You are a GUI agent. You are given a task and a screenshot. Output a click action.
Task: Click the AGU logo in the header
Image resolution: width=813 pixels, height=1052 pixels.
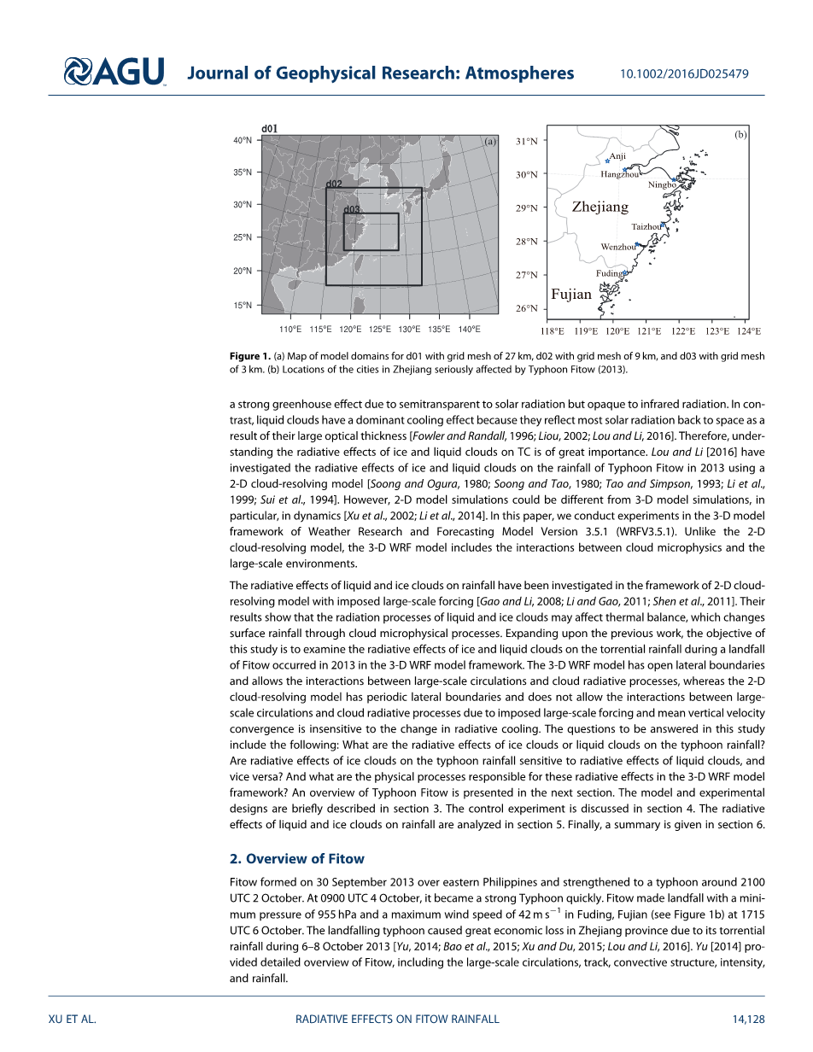(114, 72)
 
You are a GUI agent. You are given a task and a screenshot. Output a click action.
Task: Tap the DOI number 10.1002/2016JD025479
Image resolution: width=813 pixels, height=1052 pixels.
(683, 73)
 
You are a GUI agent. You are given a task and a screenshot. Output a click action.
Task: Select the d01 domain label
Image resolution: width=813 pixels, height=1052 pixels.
(269, 129)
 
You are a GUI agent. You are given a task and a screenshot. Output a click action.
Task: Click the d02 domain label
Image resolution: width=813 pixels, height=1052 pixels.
(334, 184)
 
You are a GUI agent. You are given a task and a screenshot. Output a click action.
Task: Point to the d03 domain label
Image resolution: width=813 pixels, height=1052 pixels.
(352, 209)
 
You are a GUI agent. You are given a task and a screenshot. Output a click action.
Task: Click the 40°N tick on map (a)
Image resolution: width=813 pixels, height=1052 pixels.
(243, 140)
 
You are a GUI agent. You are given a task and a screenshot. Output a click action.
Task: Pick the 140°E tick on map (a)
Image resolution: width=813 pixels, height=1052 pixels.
(469, 329)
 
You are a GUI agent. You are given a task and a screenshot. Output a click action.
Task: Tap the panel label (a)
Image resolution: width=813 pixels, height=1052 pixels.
(490, 142)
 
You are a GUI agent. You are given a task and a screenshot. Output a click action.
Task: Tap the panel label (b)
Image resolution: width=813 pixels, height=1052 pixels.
(740, 135)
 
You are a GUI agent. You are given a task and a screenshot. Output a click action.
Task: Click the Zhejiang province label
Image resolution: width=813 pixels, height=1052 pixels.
(600, 207)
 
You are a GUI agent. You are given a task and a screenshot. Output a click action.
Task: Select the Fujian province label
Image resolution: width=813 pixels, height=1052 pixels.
(571, 294)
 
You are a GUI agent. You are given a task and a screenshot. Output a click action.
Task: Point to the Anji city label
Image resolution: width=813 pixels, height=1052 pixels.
(618, 156)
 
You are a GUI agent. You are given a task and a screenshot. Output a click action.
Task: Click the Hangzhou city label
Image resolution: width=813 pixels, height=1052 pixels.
(619, 174)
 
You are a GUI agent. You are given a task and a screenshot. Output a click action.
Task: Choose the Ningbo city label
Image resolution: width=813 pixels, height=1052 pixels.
(662, 184)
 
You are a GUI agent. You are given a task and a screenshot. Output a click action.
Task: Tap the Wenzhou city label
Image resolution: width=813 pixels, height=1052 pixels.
(618, 247)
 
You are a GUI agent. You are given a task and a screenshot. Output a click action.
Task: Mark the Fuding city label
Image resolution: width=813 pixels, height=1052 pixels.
(609, 273)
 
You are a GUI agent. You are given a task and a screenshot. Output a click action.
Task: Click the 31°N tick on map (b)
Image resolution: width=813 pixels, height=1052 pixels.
(526, 141)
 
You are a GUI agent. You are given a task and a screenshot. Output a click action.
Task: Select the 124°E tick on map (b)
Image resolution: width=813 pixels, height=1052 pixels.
(749, 330)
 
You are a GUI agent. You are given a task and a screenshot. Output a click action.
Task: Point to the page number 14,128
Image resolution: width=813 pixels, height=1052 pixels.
(747, 1019)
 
